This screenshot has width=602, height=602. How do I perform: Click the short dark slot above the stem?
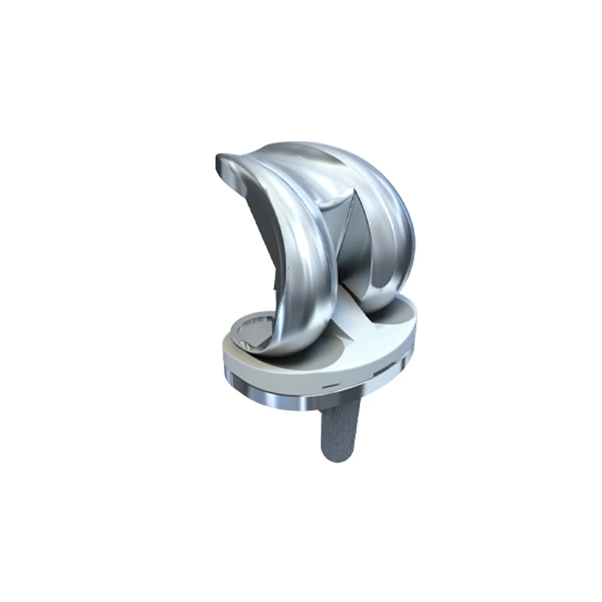click(328, 384)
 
